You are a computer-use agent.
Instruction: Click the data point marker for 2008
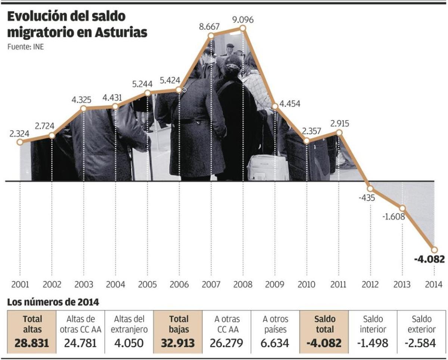(243, 28)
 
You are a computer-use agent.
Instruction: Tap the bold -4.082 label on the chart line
(429, 259)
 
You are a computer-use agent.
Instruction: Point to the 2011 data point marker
(339, 132)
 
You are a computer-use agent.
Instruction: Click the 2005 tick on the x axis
(147, 285)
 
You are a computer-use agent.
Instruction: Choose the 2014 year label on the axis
(433, 285)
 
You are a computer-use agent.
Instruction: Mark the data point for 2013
(402, 209)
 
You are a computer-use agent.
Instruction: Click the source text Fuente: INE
(23, 47)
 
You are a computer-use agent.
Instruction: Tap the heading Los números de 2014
(53, 302)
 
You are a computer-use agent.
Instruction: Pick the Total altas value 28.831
(32, 342)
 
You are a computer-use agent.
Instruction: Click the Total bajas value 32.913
(177, 342)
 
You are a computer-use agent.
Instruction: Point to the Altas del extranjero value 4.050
(129, 342)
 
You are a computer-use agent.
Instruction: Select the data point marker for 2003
(83, 109)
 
